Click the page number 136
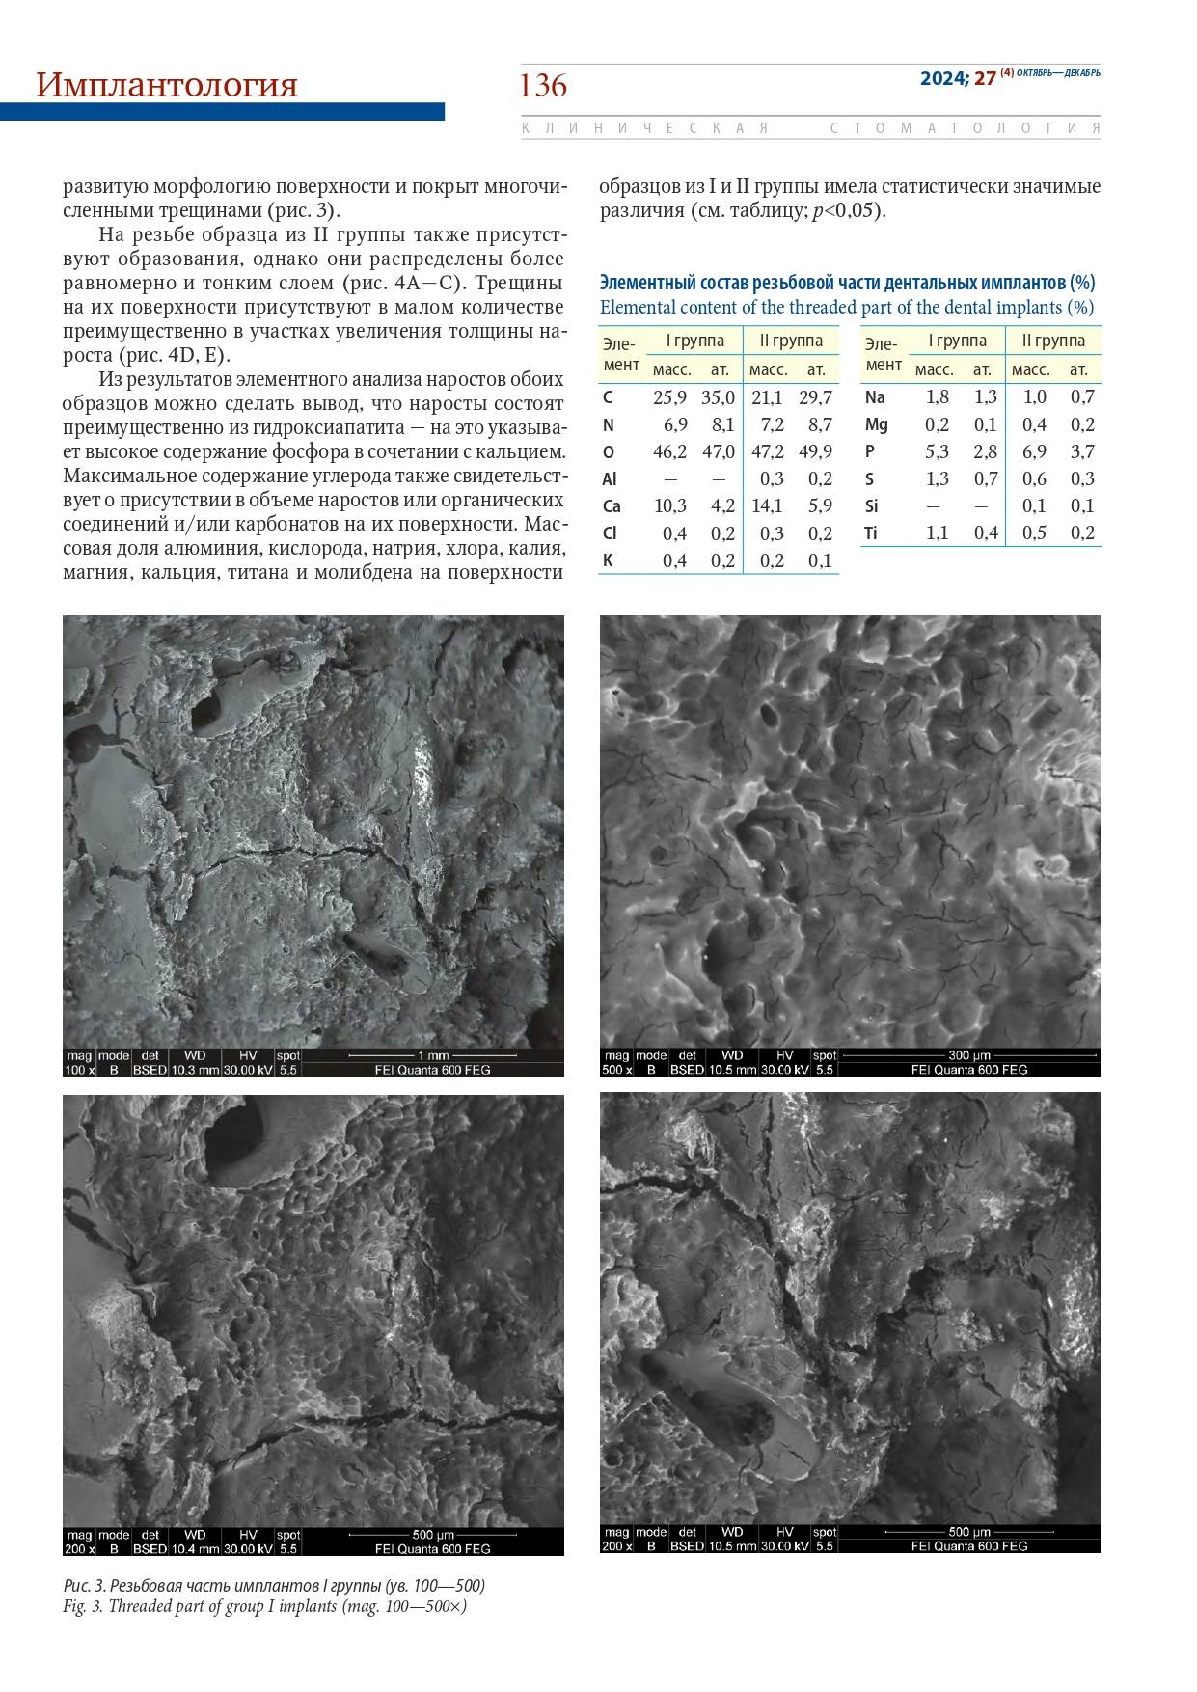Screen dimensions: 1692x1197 click(543, 86)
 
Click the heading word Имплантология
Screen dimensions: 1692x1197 click(167, 86)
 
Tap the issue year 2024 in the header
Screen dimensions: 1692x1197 click(942, 79)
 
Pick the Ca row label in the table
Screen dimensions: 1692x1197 click(611, 506)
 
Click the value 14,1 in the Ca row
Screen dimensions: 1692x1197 click(767, 506)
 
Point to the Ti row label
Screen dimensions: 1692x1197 click(871, 533)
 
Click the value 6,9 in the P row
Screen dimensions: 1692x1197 click(1034, 451)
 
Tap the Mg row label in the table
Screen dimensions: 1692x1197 click(876, 424)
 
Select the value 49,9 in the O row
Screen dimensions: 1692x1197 click(816, 451)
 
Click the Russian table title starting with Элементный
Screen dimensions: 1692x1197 click(847, 283)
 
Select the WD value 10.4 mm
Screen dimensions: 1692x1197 click(195, 1549)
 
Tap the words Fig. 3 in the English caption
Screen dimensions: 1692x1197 click(82, 1606)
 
